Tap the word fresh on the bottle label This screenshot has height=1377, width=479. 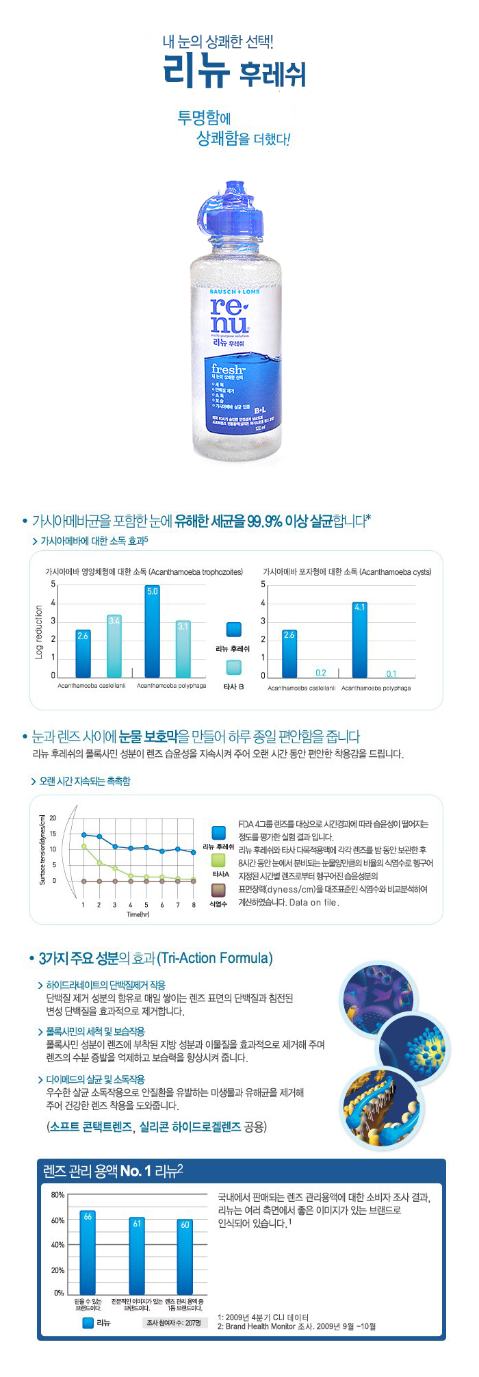[x=228, y=370]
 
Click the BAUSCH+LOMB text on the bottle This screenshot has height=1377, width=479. [x=235, y=292]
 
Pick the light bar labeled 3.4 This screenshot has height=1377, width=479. [x=114, y=646]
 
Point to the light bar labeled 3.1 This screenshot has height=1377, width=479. [x=183, y=649]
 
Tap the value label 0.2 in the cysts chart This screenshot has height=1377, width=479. [x=321, y=673]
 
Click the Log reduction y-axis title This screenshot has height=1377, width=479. [x=39, y=632]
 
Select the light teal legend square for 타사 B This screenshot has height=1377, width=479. [x=234, y=667]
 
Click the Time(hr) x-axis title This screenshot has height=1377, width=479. [x=138, y=914]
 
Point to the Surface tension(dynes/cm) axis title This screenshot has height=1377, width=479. [x=42, y=849]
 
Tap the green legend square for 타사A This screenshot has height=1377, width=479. [x=219, y=860]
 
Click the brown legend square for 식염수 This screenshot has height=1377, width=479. [x=218, y=890]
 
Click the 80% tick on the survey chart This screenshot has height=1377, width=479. [x=57, y=1195]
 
